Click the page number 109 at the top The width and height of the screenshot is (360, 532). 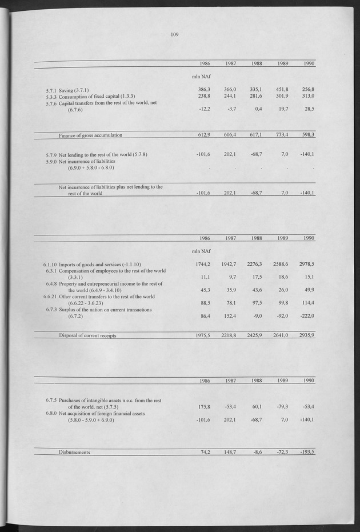pos(175,34)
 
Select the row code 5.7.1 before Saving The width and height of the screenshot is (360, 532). pos(51,90)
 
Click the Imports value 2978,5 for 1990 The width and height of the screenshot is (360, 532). pos(305,264)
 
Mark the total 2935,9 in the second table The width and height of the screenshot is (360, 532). pos(305,335)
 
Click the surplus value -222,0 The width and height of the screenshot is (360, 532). pos(306,315)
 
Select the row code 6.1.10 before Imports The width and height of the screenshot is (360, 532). pos(49,265)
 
